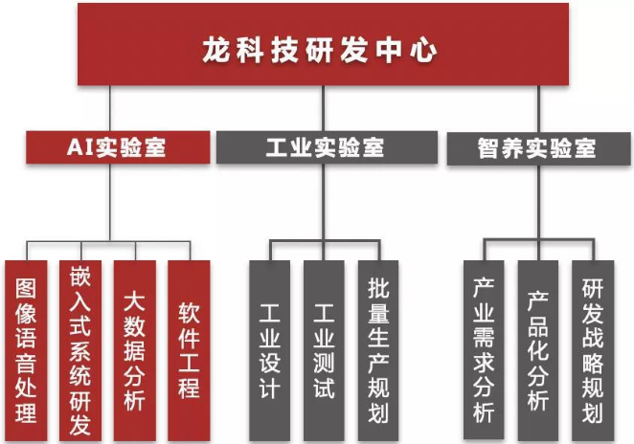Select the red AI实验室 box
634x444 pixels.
click(117, 147)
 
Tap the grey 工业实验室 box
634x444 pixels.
click(325, 147)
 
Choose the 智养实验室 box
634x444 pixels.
click(535, 148)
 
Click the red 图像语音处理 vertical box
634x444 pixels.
click(26, 349)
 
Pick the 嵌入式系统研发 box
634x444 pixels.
click(79, 349)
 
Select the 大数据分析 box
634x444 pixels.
click(134, 349)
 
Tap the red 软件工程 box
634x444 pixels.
click(189, 349)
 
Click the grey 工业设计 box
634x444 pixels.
click(270, 349)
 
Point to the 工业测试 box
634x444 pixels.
click(324, 349)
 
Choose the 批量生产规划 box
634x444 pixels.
click(378, 349)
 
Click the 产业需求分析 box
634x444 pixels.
click(484, 349)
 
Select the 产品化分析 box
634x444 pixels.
click(537, 349)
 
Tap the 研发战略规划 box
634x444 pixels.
click(592, 349)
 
